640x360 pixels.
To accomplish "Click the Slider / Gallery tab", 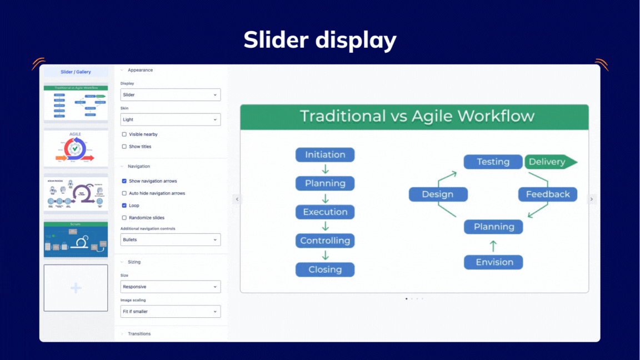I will tap(76, 72).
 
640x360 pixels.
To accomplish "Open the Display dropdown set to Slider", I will tap(171, 95).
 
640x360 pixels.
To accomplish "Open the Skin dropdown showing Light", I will tap(171, 119).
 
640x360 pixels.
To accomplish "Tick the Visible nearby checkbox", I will tap(124, 134).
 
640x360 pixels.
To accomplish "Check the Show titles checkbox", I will tap(124, 147).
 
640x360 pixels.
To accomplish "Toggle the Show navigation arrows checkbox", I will tap(124, 181).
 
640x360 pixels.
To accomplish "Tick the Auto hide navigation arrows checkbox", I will tap(124, 193).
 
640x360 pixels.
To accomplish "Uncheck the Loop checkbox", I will tap(124, 206).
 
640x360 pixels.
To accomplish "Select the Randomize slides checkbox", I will tap(124, 218).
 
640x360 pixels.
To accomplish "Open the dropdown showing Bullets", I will tap(171, 239).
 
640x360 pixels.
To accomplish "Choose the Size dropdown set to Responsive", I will tap(171, 287).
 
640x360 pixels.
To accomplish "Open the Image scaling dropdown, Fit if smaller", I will tap(171, 312).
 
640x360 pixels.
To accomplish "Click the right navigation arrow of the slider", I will tap(592, 199).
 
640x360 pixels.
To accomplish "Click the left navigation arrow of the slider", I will tap(237, 199).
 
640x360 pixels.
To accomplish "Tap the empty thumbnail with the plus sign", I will tap(76, 288).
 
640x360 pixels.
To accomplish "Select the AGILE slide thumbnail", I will tap(76, 148).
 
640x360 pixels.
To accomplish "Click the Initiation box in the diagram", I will tap(325, 155).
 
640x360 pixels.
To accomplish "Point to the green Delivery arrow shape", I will tap(550, 162).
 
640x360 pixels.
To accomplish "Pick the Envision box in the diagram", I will tap(493, 262).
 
